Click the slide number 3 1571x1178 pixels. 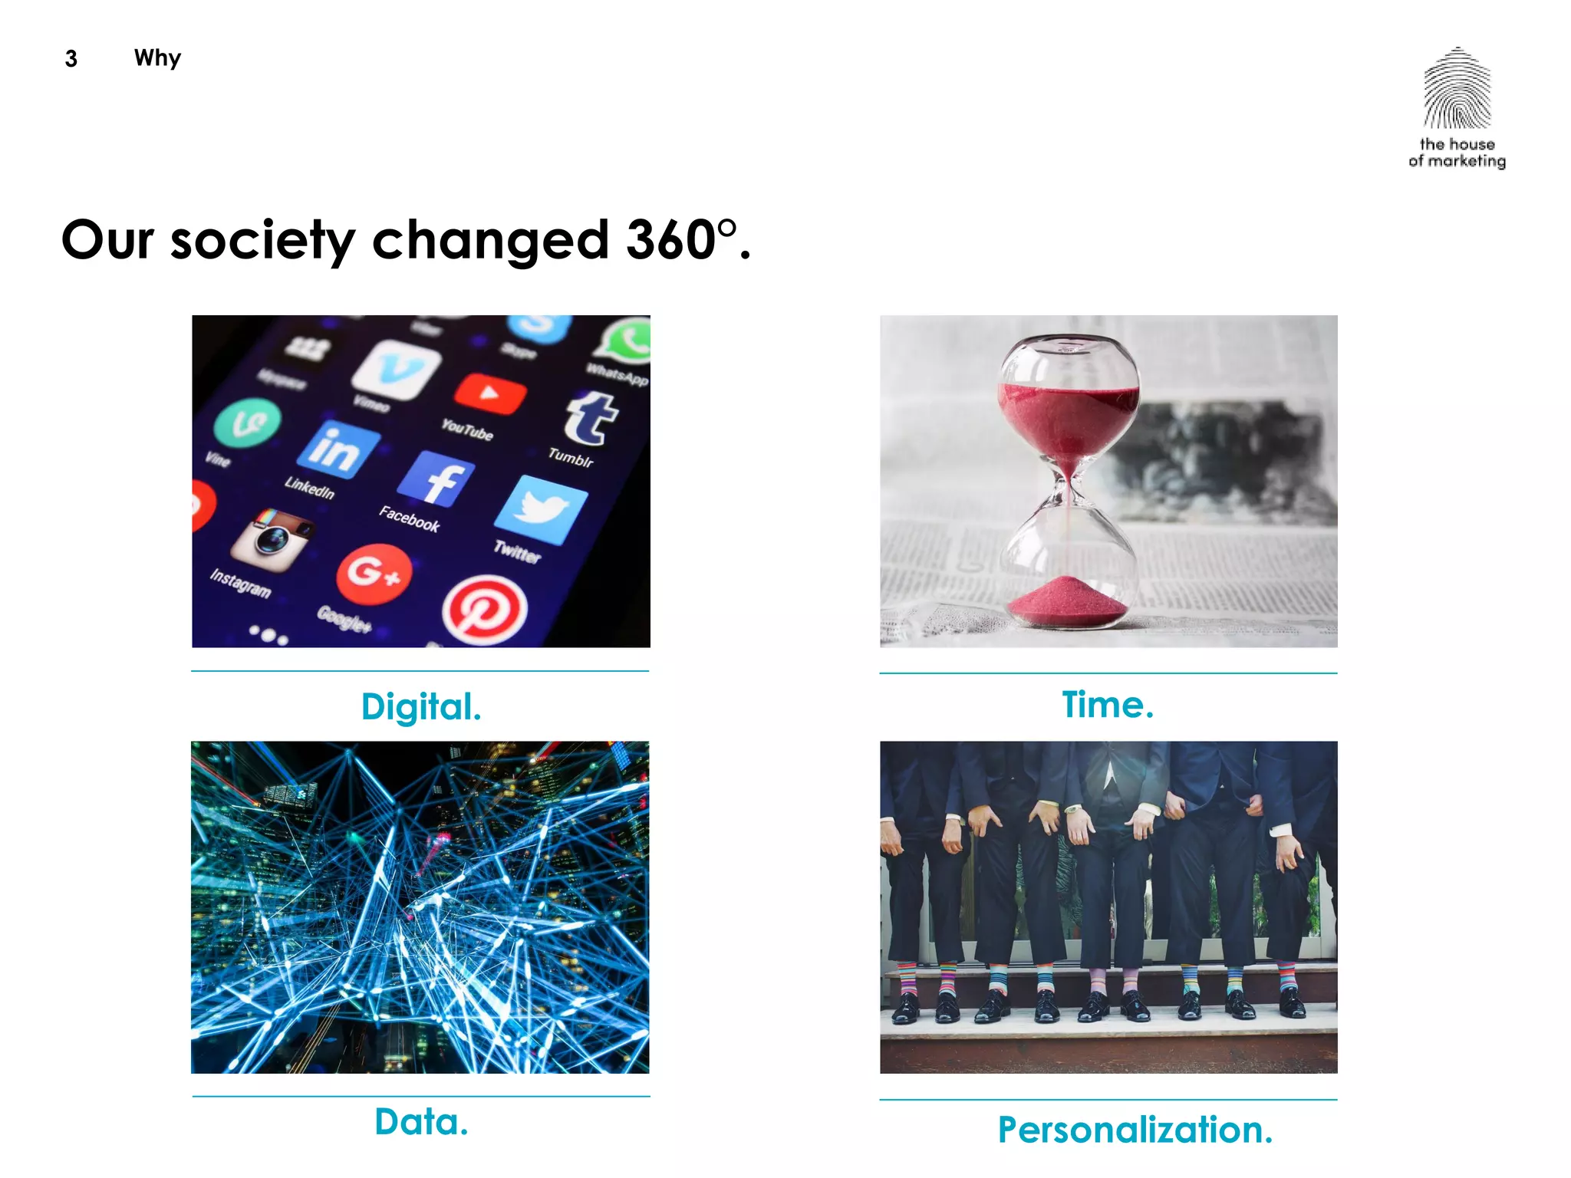[x=71, y=58]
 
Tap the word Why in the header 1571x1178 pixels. [x=157, y=58]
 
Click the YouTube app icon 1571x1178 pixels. [x=489, y=394]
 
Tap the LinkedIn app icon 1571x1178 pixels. [x=338, y=448]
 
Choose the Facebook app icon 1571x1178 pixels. [x=435, y=479]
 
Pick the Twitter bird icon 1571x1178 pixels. [x=542, y=509]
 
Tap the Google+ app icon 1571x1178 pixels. [x=374, y=574]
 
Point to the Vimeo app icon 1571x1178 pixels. [x=396, y=370]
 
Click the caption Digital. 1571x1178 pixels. [x=421, y=706]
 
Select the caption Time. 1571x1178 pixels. [x=1108, y=705]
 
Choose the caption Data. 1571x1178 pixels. [x=421, y=1122]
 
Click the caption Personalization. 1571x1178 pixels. [x=1135, y=1130]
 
